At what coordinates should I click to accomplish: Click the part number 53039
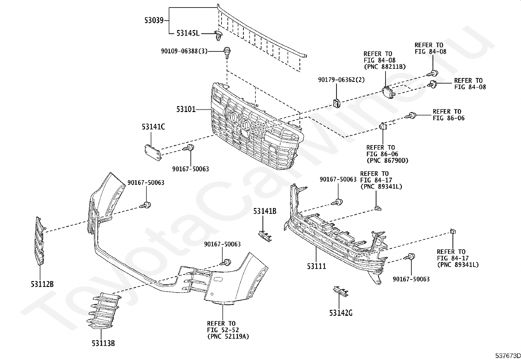click(x=154, y=21)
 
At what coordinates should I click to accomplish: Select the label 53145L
click(x=188, y=33)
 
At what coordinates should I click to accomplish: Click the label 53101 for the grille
click(x=186, y=109)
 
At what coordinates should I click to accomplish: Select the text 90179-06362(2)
click(x=341, y=80)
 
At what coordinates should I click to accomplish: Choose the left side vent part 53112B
click(x=40, y=241)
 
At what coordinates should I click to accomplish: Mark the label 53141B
click(x=264, y=212)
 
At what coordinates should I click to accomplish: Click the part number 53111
click(x=316, y=266)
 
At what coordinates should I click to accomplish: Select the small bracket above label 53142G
click(x=341, y=291)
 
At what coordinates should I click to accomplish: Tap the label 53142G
click(x=341, y=313)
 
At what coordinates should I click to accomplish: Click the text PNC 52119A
click(x=228, y=336)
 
